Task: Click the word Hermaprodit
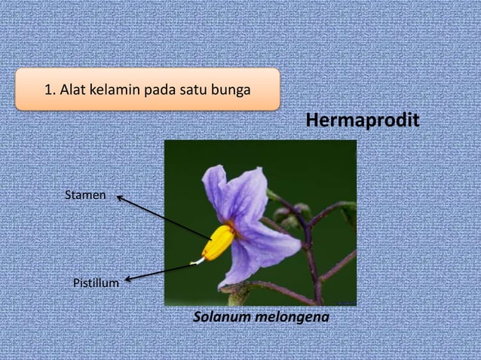point(360,121)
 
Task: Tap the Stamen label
point(85,196)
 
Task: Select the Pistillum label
point(96,283)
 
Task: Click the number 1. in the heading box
point(51,91)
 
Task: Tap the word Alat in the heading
point(73,91)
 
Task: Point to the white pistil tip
point(197,261)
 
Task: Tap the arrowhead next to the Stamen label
point(119,198)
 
